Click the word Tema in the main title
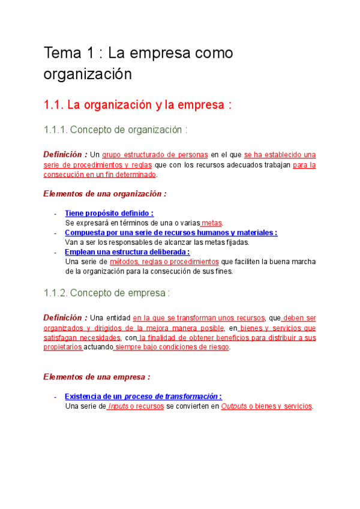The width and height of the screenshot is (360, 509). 61,53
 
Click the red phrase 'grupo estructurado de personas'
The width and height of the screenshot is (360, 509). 155,154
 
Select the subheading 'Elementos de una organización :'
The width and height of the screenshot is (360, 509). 105,193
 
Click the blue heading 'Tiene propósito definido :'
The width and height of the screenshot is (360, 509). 109,213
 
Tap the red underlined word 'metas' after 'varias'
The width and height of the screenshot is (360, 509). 212,223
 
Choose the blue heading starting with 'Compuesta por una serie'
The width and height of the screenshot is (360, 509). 171,232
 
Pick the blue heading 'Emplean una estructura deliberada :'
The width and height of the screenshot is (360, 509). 127,252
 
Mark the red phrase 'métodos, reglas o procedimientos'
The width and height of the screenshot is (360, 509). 164,262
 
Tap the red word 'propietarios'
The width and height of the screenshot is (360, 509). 63,347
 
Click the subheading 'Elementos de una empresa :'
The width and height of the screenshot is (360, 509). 97,376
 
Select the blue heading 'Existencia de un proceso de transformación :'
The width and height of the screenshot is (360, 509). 143,396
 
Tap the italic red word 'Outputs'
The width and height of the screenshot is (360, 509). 234,406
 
